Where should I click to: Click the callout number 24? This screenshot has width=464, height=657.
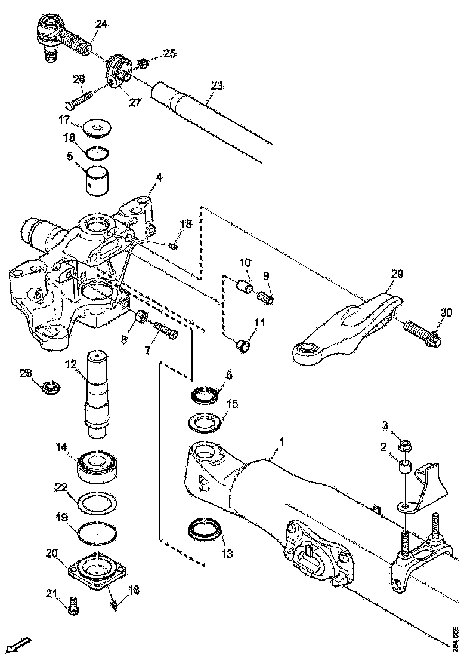point(101,24)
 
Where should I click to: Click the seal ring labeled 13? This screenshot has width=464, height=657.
point(204,529)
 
